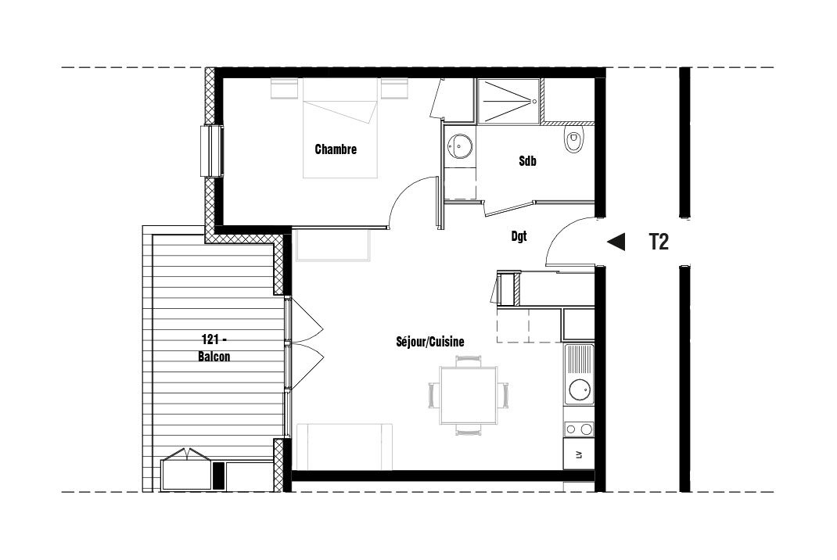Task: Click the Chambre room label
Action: pos(336,149)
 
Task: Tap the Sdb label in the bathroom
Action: pos(527,160)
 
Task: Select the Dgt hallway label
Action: pos(519,236)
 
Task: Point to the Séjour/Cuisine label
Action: pos(430,342)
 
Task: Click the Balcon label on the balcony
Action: pos(214,357)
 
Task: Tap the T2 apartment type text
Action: pos(659,242)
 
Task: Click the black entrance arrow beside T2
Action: pos(616,242)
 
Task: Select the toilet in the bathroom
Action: pos(573,139)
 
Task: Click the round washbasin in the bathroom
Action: pos(460,145)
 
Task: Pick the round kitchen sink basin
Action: pos(580,389)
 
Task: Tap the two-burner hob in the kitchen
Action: pos(579,429)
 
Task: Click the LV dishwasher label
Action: pos(579,455)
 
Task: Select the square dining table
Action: pos(469,395)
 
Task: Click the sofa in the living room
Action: pos(344,447)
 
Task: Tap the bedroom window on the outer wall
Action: pos(212,151)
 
